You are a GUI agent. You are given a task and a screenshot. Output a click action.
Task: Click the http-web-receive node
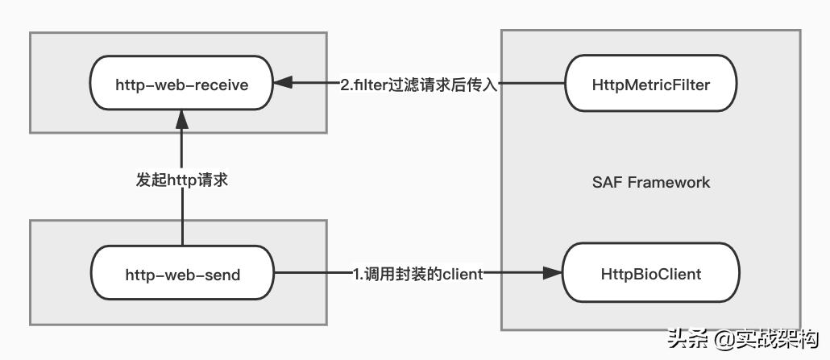[181, 84]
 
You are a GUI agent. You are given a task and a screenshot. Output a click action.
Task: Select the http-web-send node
[182, 274]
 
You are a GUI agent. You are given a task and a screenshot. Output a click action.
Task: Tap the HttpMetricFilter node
[650, 84]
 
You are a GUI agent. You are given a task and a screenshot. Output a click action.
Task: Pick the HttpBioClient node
[650, 274]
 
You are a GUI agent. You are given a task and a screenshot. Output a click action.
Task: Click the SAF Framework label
[651, 182]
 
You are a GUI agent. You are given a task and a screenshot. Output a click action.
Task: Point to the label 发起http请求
[182, 180]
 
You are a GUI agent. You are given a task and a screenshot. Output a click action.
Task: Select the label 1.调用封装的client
[418, 274]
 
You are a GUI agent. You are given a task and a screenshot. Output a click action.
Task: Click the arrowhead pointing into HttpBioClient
[552, 274]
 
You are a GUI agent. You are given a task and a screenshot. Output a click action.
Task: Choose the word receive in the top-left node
[218, 84]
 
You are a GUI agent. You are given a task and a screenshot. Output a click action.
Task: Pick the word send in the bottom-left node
[223, 274]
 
